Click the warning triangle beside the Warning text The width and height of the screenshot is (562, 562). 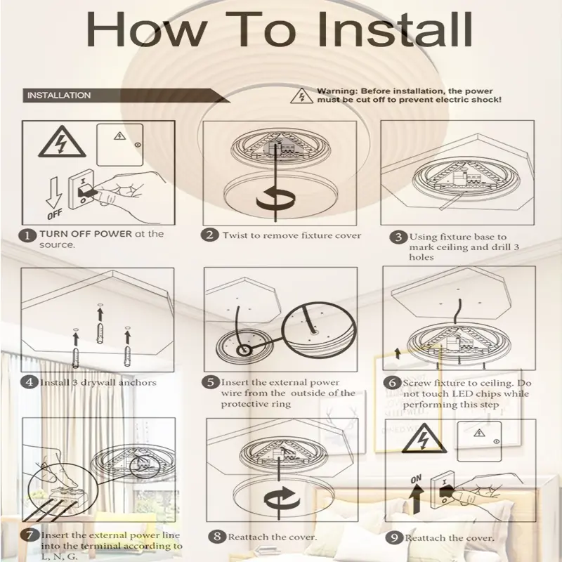[x=301, y=96]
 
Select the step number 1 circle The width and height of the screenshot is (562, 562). [x=29, y=235]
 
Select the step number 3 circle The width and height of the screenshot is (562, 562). [x=398, y=237]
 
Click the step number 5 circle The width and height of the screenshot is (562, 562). [x=211, y=383]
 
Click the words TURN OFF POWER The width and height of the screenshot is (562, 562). [x=85, y=234]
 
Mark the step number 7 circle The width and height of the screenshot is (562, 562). [x=29, y=535]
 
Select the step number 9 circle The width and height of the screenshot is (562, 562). [x=396, y=537]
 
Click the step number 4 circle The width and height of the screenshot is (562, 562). [x=29, y=383]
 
